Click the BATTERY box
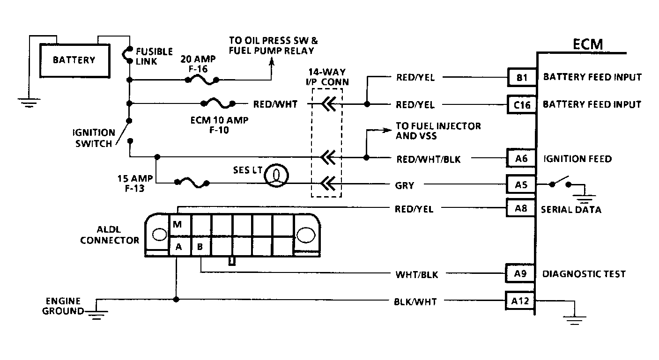coord(74,60)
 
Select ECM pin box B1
coord(522,77)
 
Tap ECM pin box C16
coord(522,104)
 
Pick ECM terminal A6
coord(521,159)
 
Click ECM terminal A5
coord(521,185)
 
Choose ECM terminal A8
coord(521,208)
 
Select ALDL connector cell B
coord(200,246)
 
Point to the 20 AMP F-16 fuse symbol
coord(201,81)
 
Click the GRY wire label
coord(405,185)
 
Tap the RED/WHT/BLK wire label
coord(428,159)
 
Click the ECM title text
coord(588,44)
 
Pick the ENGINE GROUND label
coord(63,306)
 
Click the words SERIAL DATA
coord(571,210)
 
